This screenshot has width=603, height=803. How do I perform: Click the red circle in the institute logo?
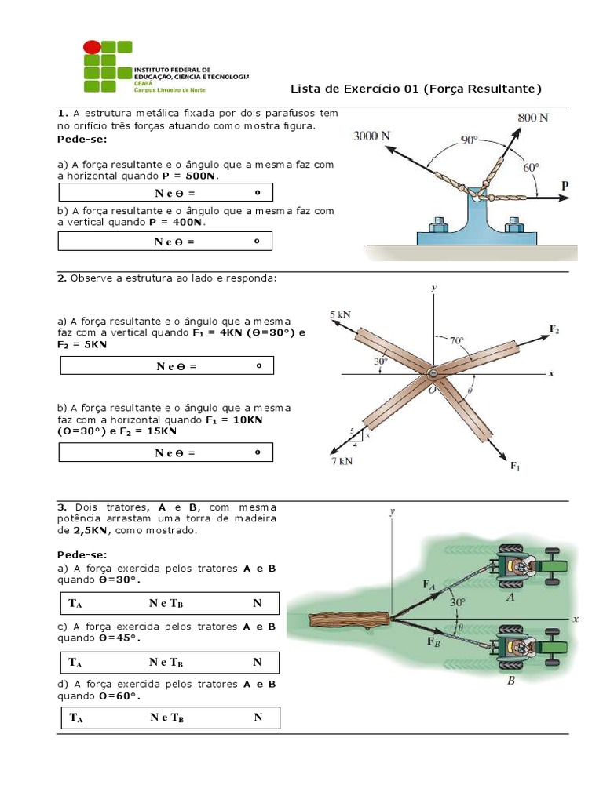tap(93, 49)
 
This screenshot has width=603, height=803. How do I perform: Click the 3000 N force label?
tap(372, 136)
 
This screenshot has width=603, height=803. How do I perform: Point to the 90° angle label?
tap(469, 140)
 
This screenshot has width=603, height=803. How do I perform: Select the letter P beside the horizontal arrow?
tap(565, 185)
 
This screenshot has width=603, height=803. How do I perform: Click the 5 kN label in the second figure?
tap(340, 314)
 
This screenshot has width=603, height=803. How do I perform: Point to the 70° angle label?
tap(457, 341)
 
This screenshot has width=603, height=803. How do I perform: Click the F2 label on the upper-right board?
tap(554, 329)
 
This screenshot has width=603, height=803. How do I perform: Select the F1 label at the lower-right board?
tap(515, 467)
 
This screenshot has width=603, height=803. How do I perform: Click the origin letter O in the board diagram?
tap(431, 389)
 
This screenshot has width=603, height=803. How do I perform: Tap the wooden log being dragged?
tap(349, 620)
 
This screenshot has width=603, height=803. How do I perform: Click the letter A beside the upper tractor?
tap(510, 597)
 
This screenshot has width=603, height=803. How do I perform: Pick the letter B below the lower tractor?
tap(510, 681)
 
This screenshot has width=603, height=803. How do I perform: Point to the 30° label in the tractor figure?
tap(458, 602)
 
